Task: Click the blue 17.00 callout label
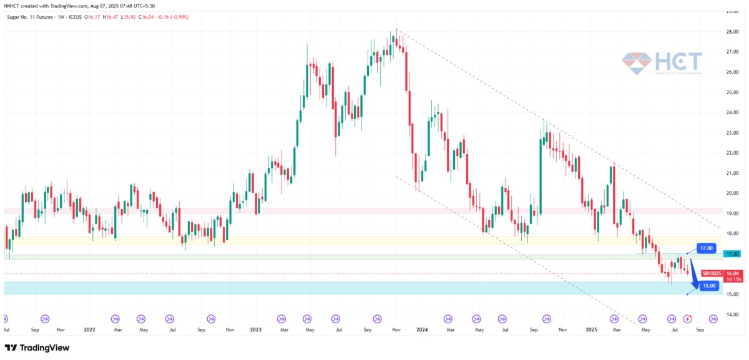(705, 248)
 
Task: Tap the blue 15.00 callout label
(708, 286)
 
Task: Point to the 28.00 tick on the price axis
(732, 32)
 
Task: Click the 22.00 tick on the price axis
(732, 153)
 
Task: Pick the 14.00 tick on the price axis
(732, 314)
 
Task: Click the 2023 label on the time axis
(257, 329)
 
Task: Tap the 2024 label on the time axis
(421, 329)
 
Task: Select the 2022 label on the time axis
(89, 329)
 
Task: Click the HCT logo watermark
(662, 63)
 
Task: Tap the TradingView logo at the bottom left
(37, 348)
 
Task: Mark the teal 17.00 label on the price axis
(732, 254)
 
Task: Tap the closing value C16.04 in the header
(163, 17)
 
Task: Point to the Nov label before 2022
(60, 329)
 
